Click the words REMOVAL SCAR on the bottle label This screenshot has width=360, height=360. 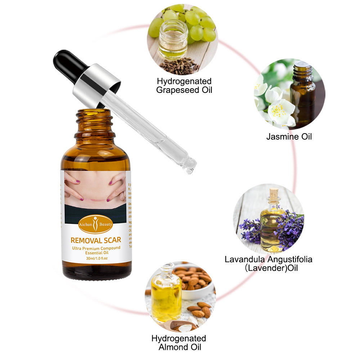coord(96,240)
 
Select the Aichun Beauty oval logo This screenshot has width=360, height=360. coord(95,224)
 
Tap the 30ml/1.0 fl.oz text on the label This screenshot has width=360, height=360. coord(95,258)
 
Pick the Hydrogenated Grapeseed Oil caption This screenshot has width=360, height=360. coord(184,85)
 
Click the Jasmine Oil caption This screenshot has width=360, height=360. coord(289,136)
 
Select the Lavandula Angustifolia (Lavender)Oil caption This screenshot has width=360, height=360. coord(269,264)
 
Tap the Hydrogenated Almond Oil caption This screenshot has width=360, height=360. coord(179,343)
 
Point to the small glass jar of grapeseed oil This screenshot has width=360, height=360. coord(173,40)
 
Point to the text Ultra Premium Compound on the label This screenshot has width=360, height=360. coord(95,248)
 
